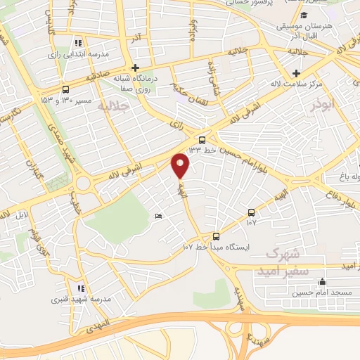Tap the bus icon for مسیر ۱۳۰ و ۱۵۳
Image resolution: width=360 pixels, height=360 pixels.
pyautogui.click(x=65, y=89)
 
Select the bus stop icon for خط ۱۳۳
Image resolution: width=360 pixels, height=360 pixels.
pyautogui.click(x=202, y=139)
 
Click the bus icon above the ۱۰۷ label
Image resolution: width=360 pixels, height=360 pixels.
pyautogui.click(x=251, y=212)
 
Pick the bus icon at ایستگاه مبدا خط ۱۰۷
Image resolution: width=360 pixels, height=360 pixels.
pyautogui.click(x=216, y=236)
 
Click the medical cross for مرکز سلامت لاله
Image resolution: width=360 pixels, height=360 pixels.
pyautogui.click(x=297, y=73)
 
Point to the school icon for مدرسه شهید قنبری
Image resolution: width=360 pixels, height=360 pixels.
pyautogui.click(x=81, y=288)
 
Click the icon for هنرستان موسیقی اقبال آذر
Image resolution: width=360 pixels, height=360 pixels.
pyautogui.click(x=304, y=15)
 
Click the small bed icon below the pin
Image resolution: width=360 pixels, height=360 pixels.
pyautogui.click(x=157, y=217)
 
